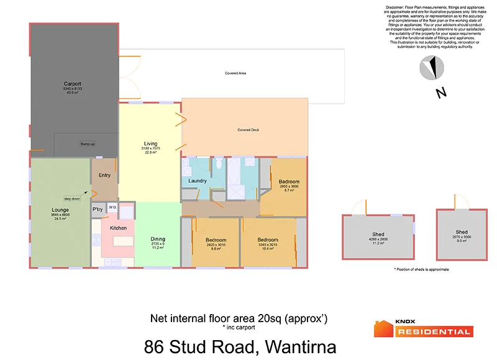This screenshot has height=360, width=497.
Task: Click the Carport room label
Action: click(73, 84)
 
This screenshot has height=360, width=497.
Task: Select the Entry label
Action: click(104, 175)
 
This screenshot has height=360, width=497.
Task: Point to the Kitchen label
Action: click(118, 228)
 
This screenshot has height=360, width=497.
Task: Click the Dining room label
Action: click(158, 239)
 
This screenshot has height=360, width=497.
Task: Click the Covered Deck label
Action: click(248, 130)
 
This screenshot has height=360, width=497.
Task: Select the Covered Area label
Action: click(235, 73)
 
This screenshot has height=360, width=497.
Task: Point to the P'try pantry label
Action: click(98, 210)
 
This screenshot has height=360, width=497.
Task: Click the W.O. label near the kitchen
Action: click(112, 207)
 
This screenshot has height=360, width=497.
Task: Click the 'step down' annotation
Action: click(71, 181)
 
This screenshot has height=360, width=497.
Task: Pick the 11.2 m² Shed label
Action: click(378, 234)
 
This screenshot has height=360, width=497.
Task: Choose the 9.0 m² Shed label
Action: click(462, 233)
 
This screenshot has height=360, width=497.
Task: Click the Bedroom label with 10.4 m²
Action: click(268, 240)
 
